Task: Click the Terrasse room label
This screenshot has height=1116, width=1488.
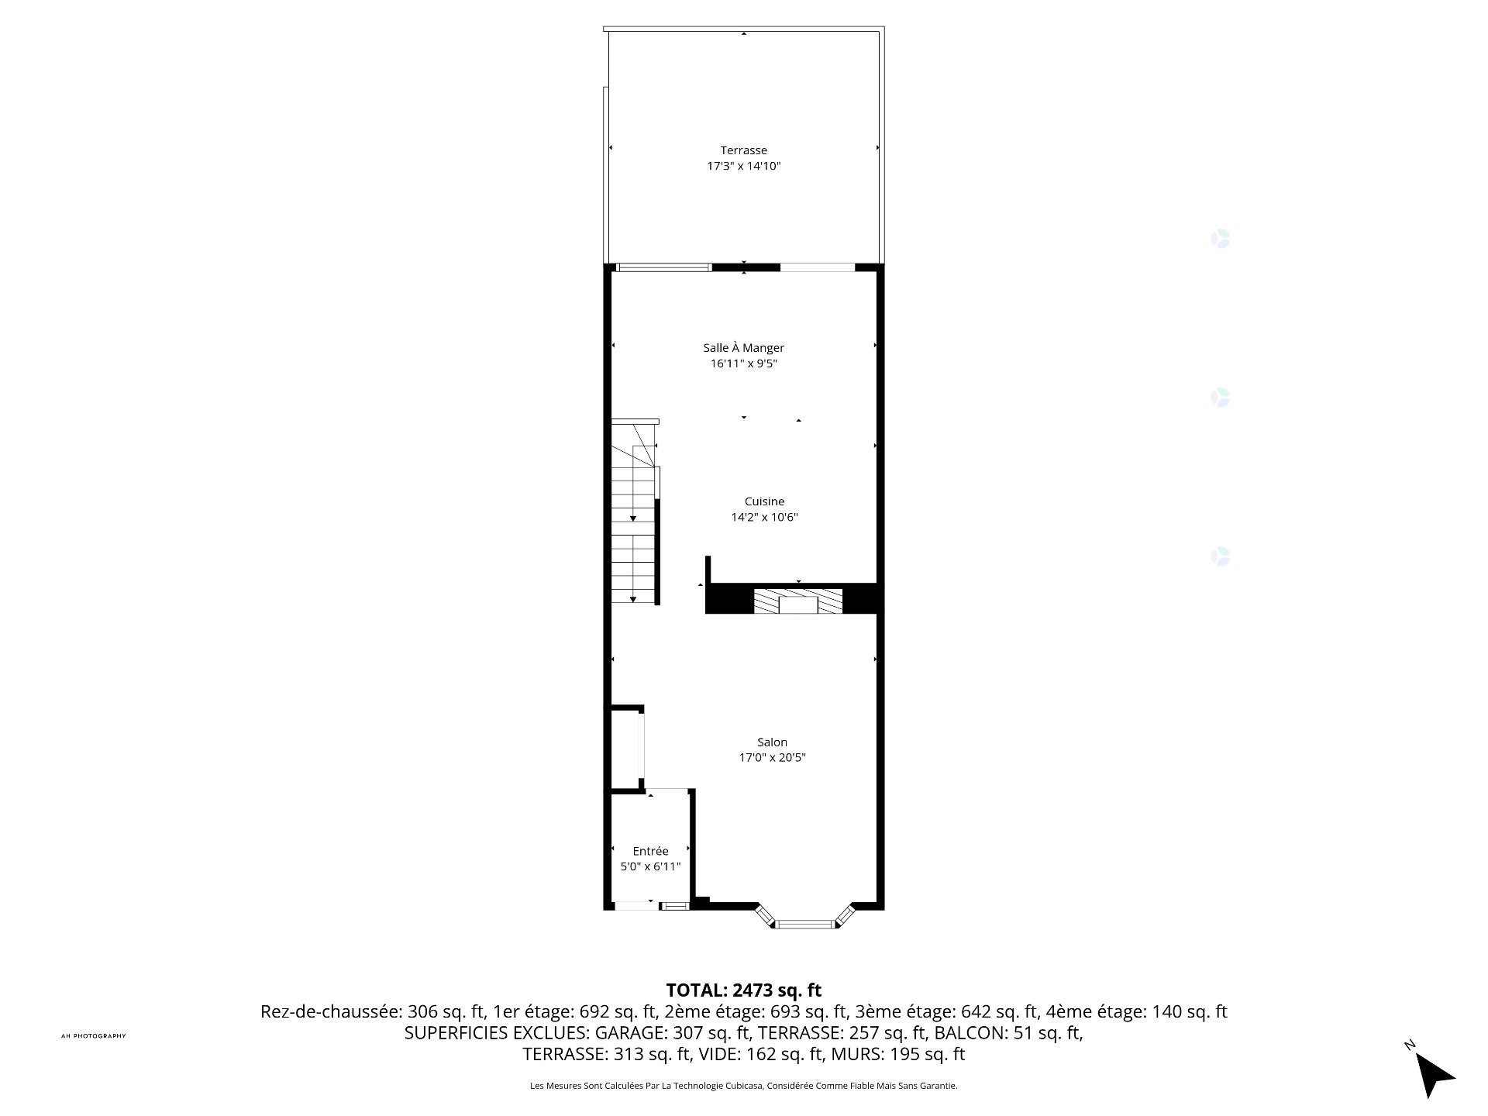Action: click(x=743, y=150)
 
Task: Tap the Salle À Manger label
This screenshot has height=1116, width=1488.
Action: click(x=743, y=348)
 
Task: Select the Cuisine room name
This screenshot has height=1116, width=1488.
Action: click(x=764, y=501)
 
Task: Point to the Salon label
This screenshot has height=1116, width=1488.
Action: click(x=772, y=742)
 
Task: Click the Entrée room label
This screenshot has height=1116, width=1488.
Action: click(x=650, y=851)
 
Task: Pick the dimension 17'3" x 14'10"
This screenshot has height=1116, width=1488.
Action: click(x=743, y=166)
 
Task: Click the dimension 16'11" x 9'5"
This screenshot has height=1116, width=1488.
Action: click(x=743, y=363)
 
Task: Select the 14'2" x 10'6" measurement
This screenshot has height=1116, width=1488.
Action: click(x=764, y=517)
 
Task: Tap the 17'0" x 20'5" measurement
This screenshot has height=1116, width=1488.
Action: click(x=772, y=757)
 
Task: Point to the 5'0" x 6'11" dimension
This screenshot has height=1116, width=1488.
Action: click(x=650, y=866)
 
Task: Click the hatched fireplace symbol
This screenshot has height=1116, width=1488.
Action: click(x=798, y=601)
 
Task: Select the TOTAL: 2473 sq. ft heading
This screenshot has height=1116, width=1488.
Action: click(x=743, y=990)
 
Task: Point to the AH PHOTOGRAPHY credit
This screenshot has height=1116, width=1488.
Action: click(x=93, y=1036)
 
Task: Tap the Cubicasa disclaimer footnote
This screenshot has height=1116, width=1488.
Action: click(x=743, y=1086)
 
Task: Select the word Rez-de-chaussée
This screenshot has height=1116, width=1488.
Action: click(x=331, y=1012)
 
